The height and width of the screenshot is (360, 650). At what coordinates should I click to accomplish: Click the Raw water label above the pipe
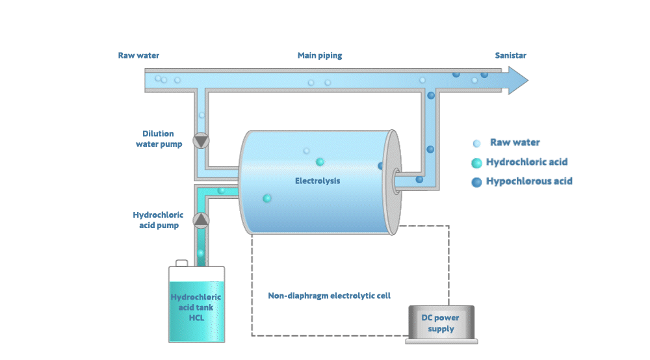point(138,56)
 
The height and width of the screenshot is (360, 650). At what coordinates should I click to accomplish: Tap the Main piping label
point(320,56)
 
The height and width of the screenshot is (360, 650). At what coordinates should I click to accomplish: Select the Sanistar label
point(510,56)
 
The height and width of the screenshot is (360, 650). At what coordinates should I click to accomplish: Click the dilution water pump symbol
point(201,140)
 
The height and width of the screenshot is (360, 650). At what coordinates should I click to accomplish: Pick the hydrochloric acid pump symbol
point(201,220)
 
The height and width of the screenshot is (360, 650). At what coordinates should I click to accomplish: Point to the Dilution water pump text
point(159,138)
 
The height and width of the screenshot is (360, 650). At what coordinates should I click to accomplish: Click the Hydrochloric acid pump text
point(158,220)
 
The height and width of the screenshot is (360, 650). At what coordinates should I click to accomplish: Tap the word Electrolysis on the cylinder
point(317,181)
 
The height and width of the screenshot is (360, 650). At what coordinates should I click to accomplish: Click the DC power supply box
point(439,323)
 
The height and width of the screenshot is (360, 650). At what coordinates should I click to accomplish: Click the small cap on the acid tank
point(182,263)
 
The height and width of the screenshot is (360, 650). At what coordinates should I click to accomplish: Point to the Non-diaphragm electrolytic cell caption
point(330,296)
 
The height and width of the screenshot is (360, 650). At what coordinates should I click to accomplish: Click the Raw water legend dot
point(477,144)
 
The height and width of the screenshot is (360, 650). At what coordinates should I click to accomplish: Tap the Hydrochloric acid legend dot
point(477,162)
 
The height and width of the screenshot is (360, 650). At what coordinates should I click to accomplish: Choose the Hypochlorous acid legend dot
point(477,182)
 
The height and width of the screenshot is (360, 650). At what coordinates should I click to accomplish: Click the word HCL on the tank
point(196,318)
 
